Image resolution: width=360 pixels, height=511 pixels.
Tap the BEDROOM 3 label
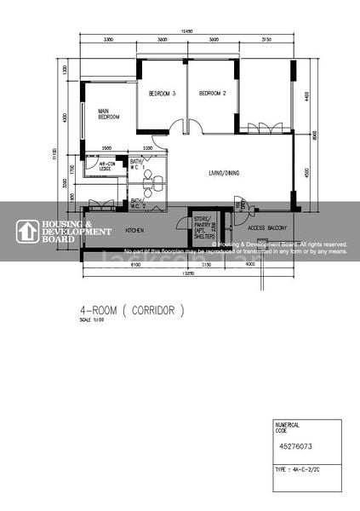pos(162,94)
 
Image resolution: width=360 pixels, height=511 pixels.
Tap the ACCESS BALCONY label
pos(266,228)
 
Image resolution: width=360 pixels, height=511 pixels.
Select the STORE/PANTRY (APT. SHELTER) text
pos(203,227)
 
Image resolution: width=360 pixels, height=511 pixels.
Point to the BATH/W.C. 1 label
pos(136,164)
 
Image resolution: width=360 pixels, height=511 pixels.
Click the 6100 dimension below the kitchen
pos(135,265)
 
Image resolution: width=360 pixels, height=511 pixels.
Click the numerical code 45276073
pos(294,444)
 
